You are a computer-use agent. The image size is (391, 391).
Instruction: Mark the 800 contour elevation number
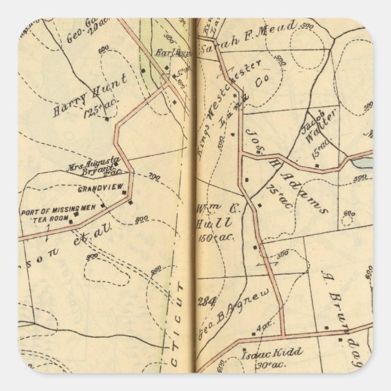coord(142,219)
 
